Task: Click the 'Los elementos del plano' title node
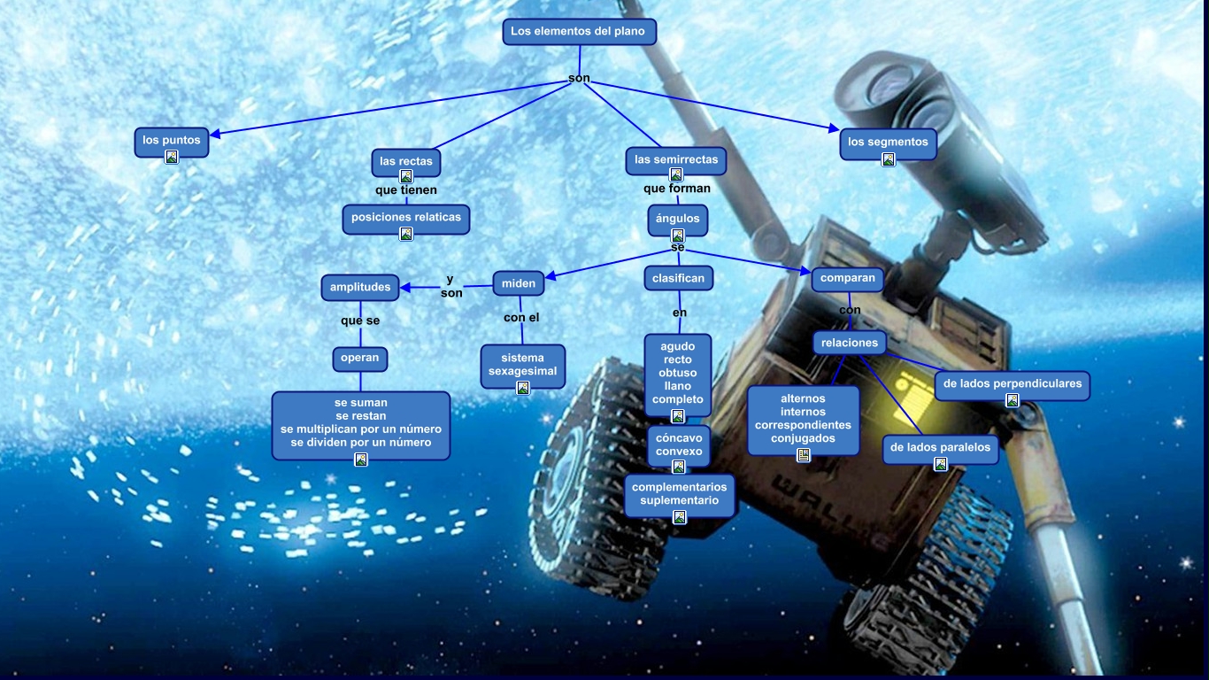tap(580, 32)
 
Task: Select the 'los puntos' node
tap(172, 140)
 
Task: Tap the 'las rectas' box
tap(406, 161)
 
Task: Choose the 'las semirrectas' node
tap(676, 160)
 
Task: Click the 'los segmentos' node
tap(888, 142)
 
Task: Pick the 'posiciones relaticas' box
tap(406, 217)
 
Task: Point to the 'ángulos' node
tap(678, 218)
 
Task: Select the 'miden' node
tap(519, 283)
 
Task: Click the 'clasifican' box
tap(678, 278)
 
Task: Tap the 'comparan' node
tap(848, 278)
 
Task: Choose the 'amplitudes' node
tap(360, 287)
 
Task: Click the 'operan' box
tap(360, 358)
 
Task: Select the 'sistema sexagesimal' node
tap(523, 365)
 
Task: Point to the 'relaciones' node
tap(850, 343)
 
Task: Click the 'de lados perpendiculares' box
tap(1013, 383)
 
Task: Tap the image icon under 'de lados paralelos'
tap(941, 464)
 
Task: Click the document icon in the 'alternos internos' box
tap(804, 455)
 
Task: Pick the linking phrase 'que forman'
tap(677, 189)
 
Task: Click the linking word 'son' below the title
tap(579, 79)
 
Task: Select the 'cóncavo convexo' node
tap(679, 444)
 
